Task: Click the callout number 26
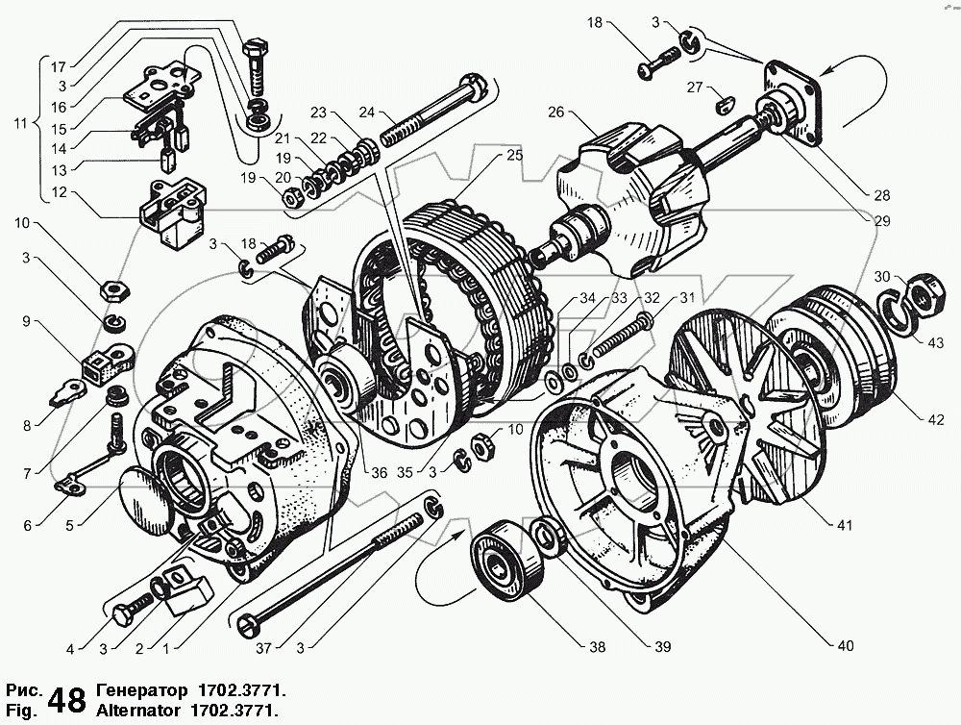click(555, 112)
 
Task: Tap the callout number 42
click(936, 419)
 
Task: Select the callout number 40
click(845, 645)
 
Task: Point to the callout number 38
click(597, 646)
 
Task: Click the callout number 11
click(21, 123)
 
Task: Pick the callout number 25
click(515, 155)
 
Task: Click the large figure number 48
click(67, 700)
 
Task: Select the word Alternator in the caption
click(137, 711)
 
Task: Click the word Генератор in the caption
click(141, 690)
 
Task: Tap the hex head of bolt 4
click(123, 613)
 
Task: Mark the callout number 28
click(882, 195)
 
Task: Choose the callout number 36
click(380, 472)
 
